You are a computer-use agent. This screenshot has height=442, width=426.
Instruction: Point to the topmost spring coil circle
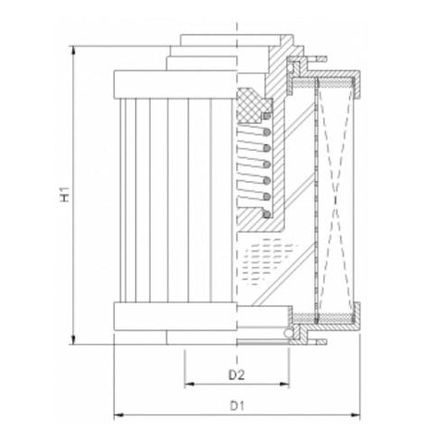pyautogui.click(x=266, y=117)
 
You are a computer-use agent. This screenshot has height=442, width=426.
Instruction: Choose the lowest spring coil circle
pyautogui.click(x=267, y=215)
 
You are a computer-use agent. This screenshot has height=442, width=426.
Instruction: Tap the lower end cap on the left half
pyautogui.click(x=174, y=317)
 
